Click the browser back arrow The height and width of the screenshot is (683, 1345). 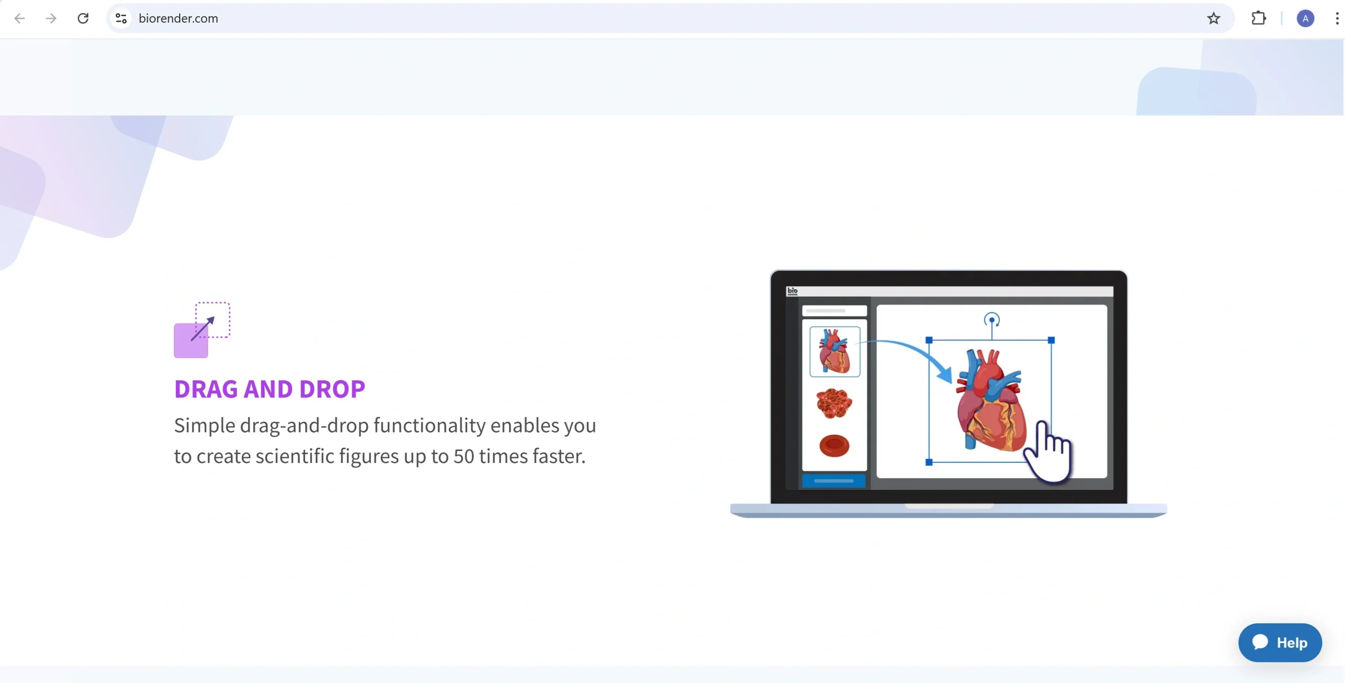click(x=19, y=18)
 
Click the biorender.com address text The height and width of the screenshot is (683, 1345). click(x=178, y=18)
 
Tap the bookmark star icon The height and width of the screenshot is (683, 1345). click(x=1214, y=18)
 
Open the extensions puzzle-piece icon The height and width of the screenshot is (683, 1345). click(x=1259, y=18)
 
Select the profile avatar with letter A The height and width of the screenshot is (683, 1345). click(x=1306, y=18)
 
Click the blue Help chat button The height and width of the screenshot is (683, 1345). click(x=1280, y=643)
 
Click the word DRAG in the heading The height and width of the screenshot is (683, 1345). click(x=206, y=389)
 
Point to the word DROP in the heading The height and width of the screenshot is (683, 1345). click(x=332, y=389)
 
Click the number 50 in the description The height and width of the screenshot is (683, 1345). click(x=464, y=456)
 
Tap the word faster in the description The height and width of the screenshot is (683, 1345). click(x=559, y=456)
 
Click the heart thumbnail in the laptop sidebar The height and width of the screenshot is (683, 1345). click(x=835, y=351)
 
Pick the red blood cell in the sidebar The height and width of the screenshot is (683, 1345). click(x=834, y=446)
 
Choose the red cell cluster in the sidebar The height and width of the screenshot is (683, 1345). click(x=834, y=403)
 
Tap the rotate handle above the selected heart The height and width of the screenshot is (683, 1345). click(x=992, y=320)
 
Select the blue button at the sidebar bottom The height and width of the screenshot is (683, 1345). click(x=834, y=481)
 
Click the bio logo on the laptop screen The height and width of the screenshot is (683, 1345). click(x=792, y=291)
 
